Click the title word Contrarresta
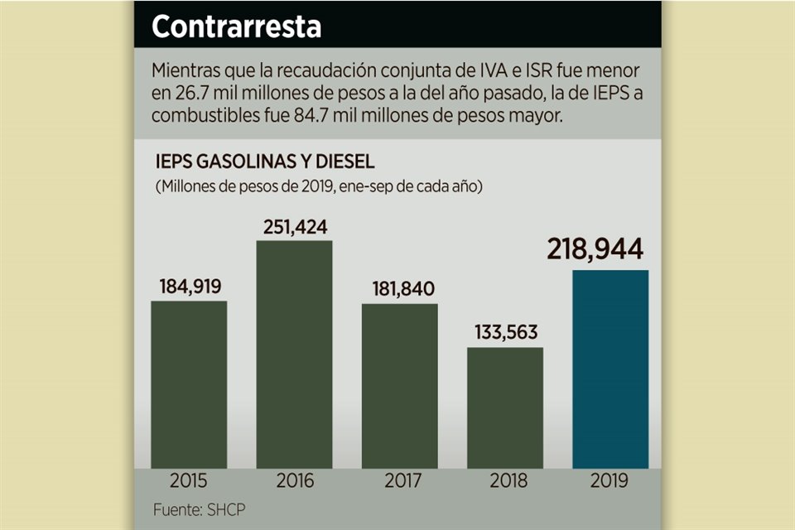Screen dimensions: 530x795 236,26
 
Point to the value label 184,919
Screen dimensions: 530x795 190,287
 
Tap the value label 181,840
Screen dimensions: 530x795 400,290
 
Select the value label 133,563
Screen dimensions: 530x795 505,333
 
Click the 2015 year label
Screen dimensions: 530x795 189,481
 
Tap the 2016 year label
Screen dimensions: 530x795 294,481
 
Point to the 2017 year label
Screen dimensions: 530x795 400,481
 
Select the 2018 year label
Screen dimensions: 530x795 505,481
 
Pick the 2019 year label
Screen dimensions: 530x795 611,481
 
